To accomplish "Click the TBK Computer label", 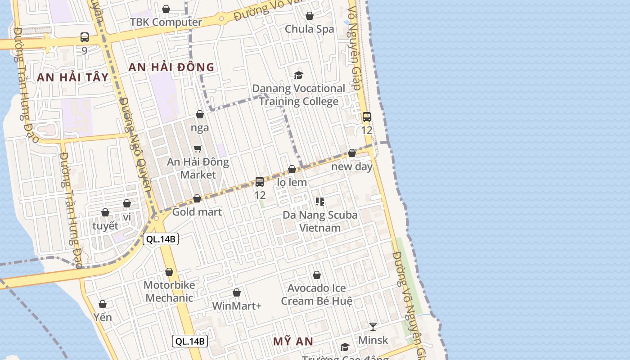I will click(x=166, y=22).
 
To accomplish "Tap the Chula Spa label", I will click(x=310, y=29).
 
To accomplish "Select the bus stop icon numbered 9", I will click(x=85, y=37).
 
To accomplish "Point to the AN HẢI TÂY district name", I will click(x=73, y=77).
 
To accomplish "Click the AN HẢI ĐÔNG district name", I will click(x=171, y=67).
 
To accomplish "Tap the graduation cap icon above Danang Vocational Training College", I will click(x=298, y=75).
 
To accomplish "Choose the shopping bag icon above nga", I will click(x=200, y=114).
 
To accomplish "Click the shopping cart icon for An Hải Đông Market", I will click(x=198, y=148).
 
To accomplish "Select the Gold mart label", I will click(x=197, y=211).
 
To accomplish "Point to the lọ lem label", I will click(x=292, y=182).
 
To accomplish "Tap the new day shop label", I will click(x=352, y=166).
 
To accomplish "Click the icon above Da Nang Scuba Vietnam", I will click(x=320, y=202).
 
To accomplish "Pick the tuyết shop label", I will click(x=105, y=225).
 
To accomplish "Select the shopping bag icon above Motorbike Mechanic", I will click(x=169, y=272).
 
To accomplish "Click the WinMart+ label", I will click(x=237, y=306).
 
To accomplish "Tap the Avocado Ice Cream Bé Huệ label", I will click(x=317, y=294).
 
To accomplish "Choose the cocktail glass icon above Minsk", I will click(x=373, y=326).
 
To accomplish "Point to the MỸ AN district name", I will click(x=293, y=342).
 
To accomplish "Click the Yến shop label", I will click(x=103, y=317).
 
